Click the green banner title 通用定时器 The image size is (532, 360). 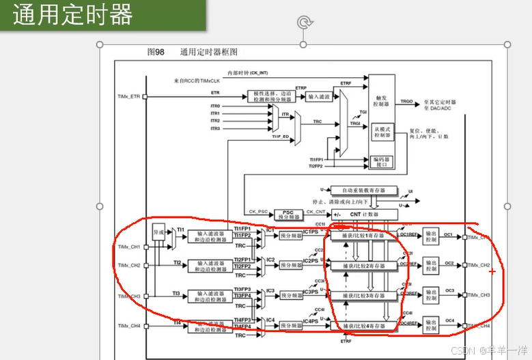pos(72,15)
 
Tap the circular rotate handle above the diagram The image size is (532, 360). pos(304,23)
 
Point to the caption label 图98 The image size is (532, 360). pos(156,52)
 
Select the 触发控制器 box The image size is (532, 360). pos(382,102)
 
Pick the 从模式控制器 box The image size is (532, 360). pos(382,132)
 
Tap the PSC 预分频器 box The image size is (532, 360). pos(288,214)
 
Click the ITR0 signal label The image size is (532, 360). pos(215,107)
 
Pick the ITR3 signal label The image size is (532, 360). pos(215,128)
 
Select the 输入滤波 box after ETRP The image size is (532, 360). pos(319,97)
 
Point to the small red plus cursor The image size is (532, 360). pos(492,271)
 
